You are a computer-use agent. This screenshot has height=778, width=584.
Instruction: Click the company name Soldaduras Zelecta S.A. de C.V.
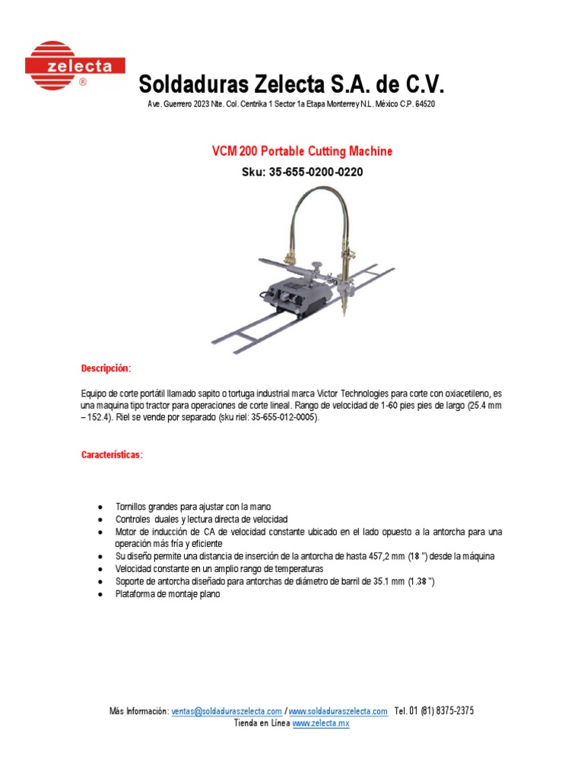pos(291,84)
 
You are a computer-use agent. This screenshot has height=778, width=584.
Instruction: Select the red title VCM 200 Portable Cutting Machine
pos(302,151)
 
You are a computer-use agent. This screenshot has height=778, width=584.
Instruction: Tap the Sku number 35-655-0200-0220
pos(315,172)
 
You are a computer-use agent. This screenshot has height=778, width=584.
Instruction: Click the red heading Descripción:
pos(106,368)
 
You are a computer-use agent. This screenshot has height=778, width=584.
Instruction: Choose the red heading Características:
pos(112,455)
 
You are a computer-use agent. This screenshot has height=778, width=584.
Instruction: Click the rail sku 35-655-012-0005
pos(275,418)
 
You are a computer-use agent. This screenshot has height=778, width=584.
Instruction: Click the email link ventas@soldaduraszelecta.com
pos(227,711)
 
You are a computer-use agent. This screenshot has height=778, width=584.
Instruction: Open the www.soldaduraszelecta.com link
pos(338,711)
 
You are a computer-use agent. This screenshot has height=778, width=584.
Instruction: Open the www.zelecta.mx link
pos(321,724)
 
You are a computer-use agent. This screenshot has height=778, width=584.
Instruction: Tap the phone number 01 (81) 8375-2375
pos(441,711)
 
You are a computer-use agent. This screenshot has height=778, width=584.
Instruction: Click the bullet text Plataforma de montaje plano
pos(167,594)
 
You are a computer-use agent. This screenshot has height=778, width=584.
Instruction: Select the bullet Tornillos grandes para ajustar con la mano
pos(192,507)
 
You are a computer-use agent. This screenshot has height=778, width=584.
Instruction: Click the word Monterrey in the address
pos(335,103)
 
